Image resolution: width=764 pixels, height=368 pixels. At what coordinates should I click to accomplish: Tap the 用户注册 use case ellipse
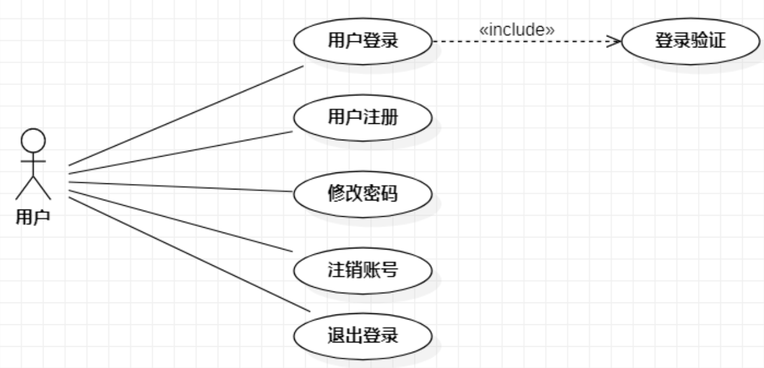tap(362, 117)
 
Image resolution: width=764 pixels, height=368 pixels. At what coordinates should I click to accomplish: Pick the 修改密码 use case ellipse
tap(362, 194)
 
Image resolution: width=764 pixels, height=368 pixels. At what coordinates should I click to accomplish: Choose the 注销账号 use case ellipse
tap(362, 269)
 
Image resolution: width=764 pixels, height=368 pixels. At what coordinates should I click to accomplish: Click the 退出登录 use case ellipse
tap(362, 335)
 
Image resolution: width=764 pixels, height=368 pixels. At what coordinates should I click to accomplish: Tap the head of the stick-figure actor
tap(33, 140)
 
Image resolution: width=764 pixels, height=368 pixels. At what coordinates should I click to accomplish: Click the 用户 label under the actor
tap(33, 217)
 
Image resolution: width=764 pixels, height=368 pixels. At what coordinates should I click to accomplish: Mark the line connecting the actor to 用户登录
tap(185, 115)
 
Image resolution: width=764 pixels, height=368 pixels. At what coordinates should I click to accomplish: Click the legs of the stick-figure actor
tap(33, 188)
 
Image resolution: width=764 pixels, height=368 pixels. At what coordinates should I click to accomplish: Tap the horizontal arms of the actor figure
tap(33, 161)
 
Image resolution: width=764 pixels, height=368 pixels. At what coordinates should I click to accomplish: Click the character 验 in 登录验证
tap(699, 41)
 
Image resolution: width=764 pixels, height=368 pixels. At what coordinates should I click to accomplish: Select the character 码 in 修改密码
tap(390, 194)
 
